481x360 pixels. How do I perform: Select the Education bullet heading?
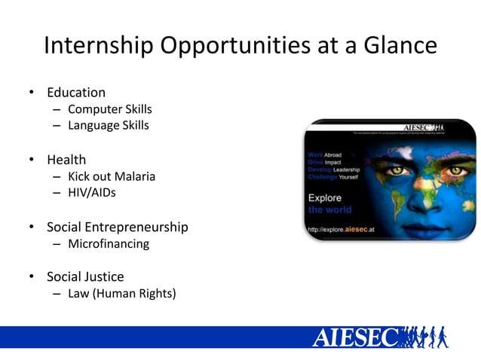(x=76, y=93)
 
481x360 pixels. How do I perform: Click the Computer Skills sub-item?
(x=110, y=109)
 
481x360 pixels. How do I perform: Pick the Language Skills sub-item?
(x=109, y=126)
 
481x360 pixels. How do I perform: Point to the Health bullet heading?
(x=66, y=160)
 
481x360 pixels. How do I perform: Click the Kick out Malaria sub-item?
(x=112, y=177)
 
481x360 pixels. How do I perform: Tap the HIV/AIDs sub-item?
(x=92, y=193)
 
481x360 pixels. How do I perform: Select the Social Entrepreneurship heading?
(x=118, y=227)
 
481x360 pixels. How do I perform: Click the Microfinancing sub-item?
(x=109, y=244)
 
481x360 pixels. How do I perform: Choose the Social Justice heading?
(x=85, y=276)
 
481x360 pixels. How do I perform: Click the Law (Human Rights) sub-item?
(x=122, y=293)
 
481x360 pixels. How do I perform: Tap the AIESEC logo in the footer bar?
(x=354, y=337)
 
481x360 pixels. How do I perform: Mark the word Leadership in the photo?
(x=347, y=170)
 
